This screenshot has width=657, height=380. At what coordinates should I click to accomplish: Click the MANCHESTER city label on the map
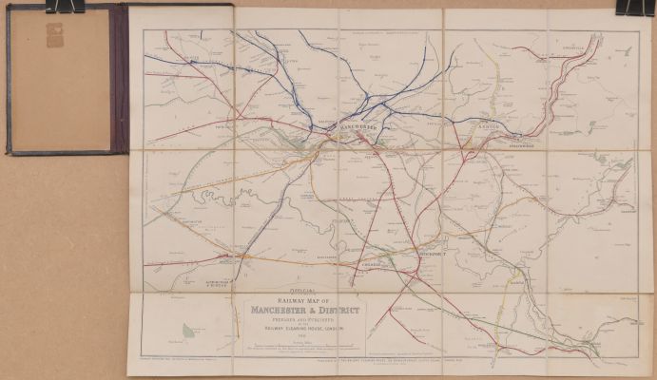point(359,126)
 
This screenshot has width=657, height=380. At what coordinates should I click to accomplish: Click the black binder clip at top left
point(64,7)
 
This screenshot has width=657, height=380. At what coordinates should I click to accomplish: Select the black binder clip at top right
point(629,7)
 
